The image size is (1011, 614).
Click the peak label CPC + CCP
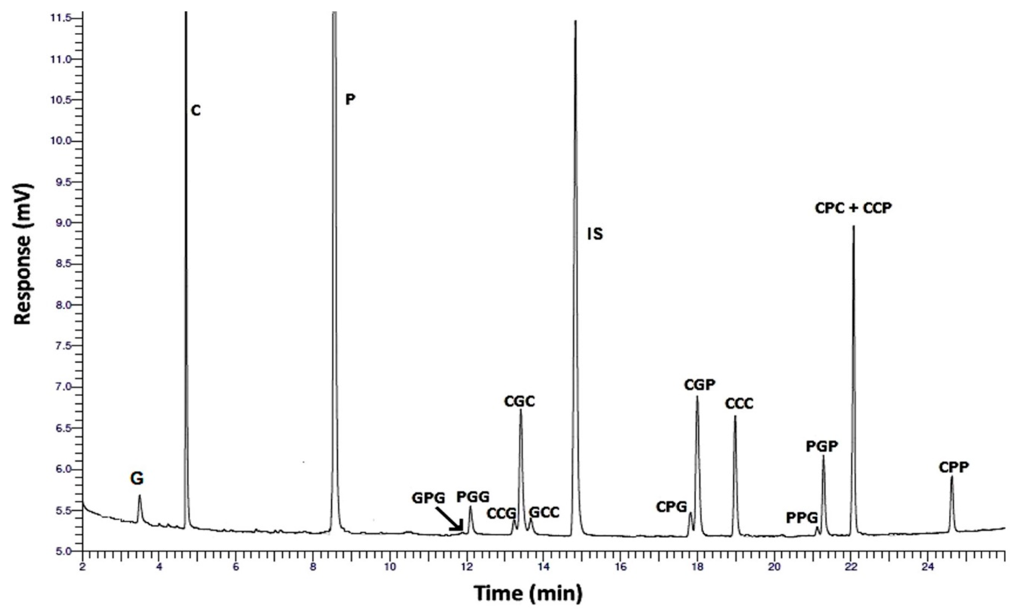(x=853, y=208)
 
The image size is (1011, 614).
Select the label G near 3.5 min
(x=137, y=479)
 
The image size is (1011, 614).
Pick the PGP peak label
(x=822, y=446)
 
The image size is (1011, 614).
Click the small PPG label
(x=802, y=518)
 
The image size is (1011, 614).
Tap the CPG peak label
(x=671, y=507)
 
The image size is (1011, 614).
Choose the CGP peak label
(x=700, y=385)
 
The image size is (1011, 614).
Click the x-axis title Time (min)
(x=528, y=593)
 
